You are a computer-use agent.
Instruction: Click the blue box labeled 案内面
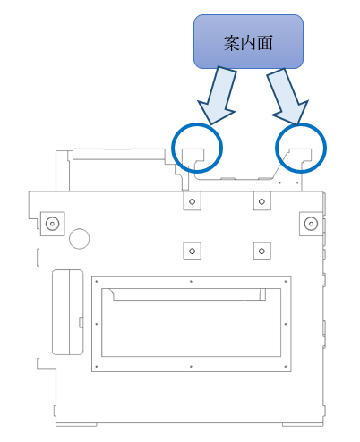[x=248, y=41]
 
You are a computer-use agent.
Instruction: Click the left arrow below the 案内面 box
[x=218, y=96]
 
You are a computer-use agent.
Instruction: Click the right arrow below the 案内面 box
[x=288, y=96]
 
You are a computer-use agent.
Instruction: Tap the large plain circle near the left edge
[x=80, y=239]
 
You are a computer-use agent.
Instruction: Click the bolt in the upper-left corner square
[x=52, y=224]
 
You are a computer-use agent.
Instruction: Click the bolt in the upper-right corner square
[x=311, y=224]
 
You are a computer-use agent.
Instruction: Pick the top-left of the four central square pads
[x=192, y=201]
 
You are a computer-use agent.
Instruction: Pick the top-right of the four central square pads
[x=261, y=201]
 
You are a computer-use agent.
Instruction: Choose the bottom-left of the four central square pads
[x=192, y=251]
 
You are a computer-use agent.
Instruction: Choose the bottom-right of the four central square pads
[x=261, y=251]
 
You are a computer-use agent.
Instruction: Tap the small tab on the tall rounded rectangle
[x=81, y=322]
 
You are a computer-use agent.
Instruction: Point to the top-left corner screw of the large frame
[x=96, y=281]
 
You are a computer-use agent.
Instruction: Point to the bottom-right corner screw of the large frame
[x=286, y=367]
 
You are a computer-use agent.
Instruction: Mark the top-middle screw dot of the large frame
[x=191, y=281]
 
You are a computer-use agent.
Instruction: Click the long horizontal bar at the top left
[x=119, y=154]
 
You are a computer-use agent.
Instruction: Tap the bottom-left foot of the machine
[x=76, y=424]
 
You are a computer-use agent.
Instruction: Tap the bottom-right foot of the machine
[x=303, y=424]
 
